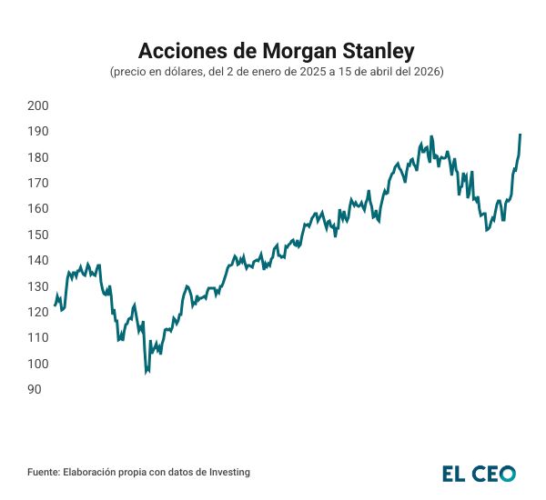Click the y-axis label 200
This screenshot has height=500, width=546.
point(38,105)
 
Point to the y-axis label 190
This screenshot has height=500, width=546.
point(38,132)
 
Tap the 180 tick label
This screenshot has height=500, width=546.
point(38,157)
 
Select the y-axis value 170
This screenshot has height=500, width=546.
point(38,183)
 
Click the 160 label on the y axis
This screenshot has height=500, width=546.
point(38,209)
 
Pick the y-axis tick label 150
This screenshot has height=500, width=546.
point(38,235)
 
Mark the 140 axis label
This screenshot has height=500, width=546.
point(38,261)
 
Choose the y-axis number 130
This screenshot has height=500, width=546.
point(38,286)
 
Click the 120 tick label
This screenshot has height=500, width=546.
point(38,313)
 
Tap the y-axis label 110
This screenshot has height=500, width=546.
point(38,338)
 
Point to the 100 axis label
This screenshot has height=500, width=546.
point(38,364)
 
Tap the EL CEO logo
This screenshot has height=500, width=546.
point(479,474)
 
